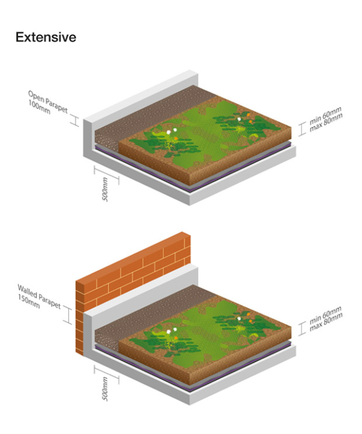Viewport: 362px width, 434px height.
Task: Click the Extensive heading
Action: [46, 37]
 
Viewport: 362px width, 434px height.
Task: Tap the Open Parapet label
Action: [48, 102]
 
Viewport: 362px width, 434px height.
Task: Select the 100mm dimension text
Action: [39, 107]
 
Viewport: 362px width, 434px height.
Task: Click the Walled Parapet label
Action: [39, 296]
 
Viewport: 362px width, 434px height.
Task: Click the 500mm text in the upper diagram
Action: [105, 190]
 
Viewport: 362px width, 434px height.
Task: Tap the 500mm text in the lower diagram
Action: [105, 389]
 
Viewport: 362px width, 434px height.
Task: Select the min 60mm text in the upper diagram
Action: [325, 116]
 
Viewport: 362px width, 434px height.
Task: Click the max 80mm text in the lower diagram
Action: [326, 321]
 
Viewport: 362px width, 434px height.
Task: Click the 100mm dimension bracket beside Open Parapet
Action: [74, 120]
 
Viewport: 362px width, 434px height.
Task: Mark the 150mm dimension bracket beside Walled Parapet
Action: [68, 315]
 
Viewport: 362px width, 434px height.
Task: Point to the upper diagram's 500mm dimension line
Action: [107, 175]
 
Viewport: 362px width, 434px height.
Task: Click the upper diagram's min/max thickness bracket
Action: [302, 129]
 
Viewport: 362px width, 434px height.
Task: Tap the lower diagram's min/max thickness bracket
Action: [302, 329]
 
